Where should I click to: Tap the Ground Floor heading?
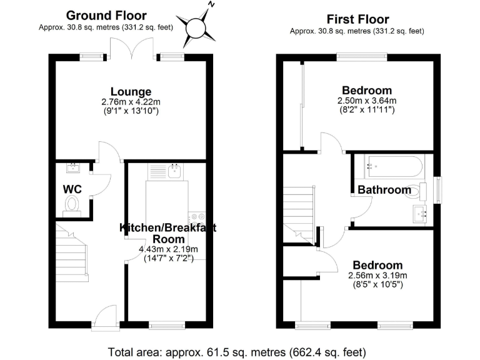pos(106,15)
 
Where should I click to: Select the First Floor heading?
pos(357,19)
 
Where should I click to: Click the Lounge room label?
pos(131,92)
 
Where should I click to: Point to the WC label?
pos(72,189)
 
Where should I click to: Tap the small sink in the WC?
pos(73,167)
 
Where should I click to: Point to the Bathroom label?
pos(384,190)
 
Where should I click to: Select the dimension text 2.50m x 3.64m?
pos(367,101)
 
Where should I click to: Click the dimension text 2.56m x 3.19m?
pos(377,276)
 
